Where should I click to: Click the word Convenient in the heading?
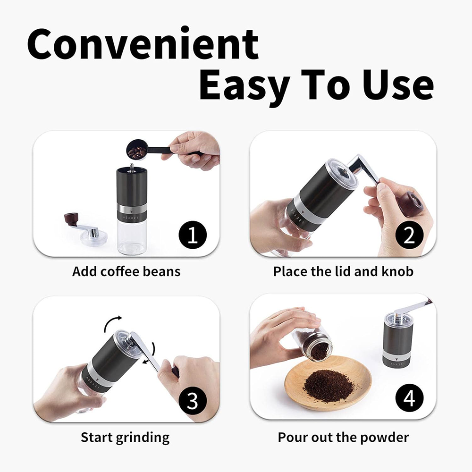click(x=143, y=43)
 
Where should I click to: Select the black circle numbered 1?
click(x=193, y=235)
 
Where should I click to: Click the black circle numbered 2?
click(x=409, y=235)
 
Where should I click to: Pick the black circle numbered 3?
click(x=193, y=400)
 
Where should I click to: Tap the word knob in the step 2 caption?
click(x=397, y=271)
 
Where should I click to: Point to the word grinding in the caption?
click(x=143, y=438)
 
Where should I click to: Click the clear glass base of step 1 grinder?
click(x=132, y=236)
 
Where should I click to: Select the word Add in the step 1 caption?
click(x=84, y=271)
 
